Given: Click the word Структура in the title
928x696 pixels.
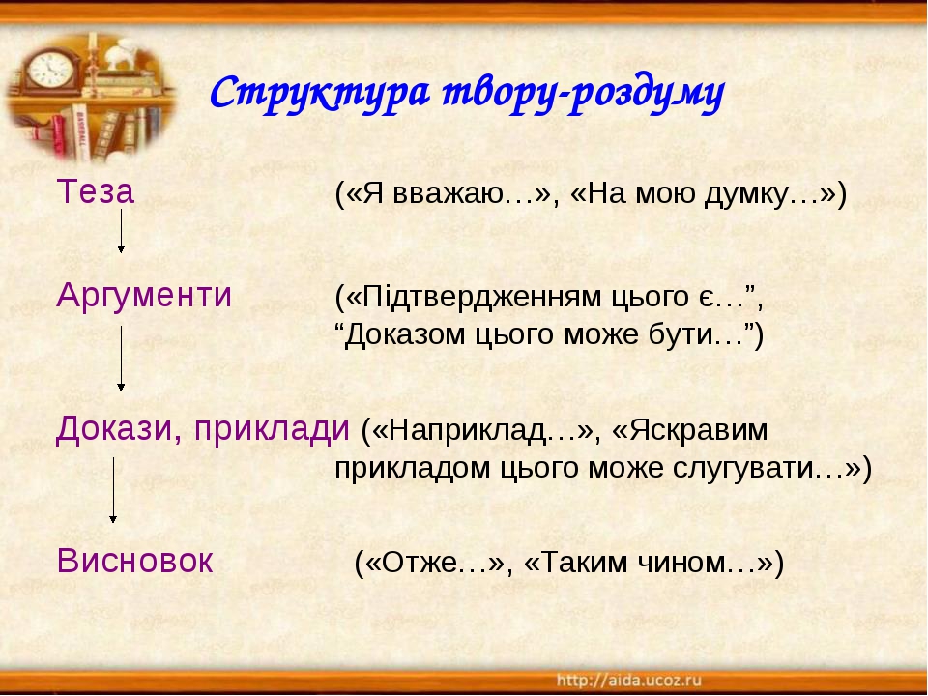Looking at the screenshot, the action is (x=320, y=93).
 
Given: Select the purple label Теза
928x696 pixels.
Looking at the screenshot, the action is (x=96, y=191).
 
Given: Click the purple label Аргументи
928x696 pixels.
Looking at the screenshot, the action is (x=144, y=296).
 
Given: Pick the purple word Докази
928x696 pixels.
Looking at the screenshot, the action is (x=119, y=429).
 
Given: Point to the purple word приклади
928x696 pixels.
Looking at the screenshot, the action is (x=272, y=430).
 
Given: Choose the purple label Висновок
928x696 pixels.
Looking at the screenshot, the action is (x=135, y=561).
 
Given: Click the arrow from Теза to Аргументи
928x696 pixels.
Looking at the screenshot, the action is (x=121, y=231).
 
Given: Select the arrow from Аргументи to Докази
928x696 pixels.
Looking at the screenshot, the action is (x=121, y=358).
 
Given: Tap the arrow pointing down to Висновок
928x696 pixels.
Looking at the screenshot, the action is (x=113, y=490).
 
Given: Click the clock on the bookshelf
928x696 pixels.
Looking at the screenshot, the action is (x=51, y=71).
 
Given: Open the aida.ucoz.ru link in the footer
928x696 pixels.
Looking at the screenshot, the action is (x=628, y=680).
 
